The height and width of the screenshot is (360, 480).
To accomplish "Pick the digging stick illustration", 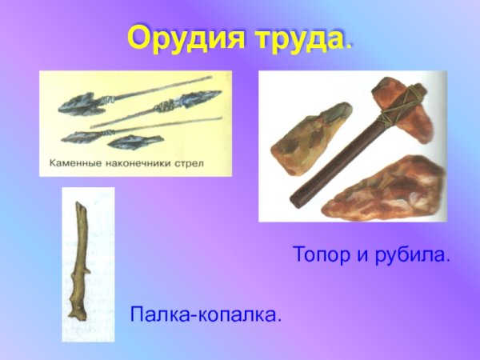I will pyautogui.click(x=82, y=260).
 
